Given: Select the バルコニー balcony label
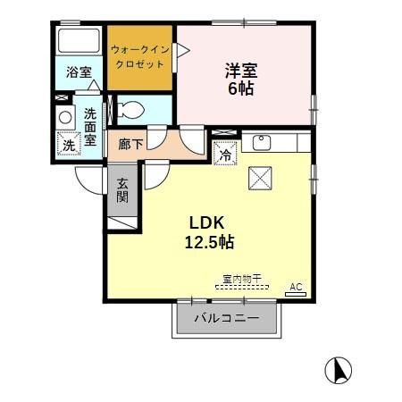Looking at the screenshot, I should (227, 318).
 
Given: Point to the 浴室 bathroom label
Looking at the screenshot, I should (79, 73).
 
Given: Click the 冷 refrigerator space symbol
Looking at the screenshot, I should (225, 153).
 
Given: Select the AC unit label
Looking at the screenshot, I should (297, 288).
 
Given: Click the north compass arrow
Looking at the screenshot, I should (340, 369).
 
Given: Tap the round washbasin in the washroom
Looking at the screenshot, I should (64, 116).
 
